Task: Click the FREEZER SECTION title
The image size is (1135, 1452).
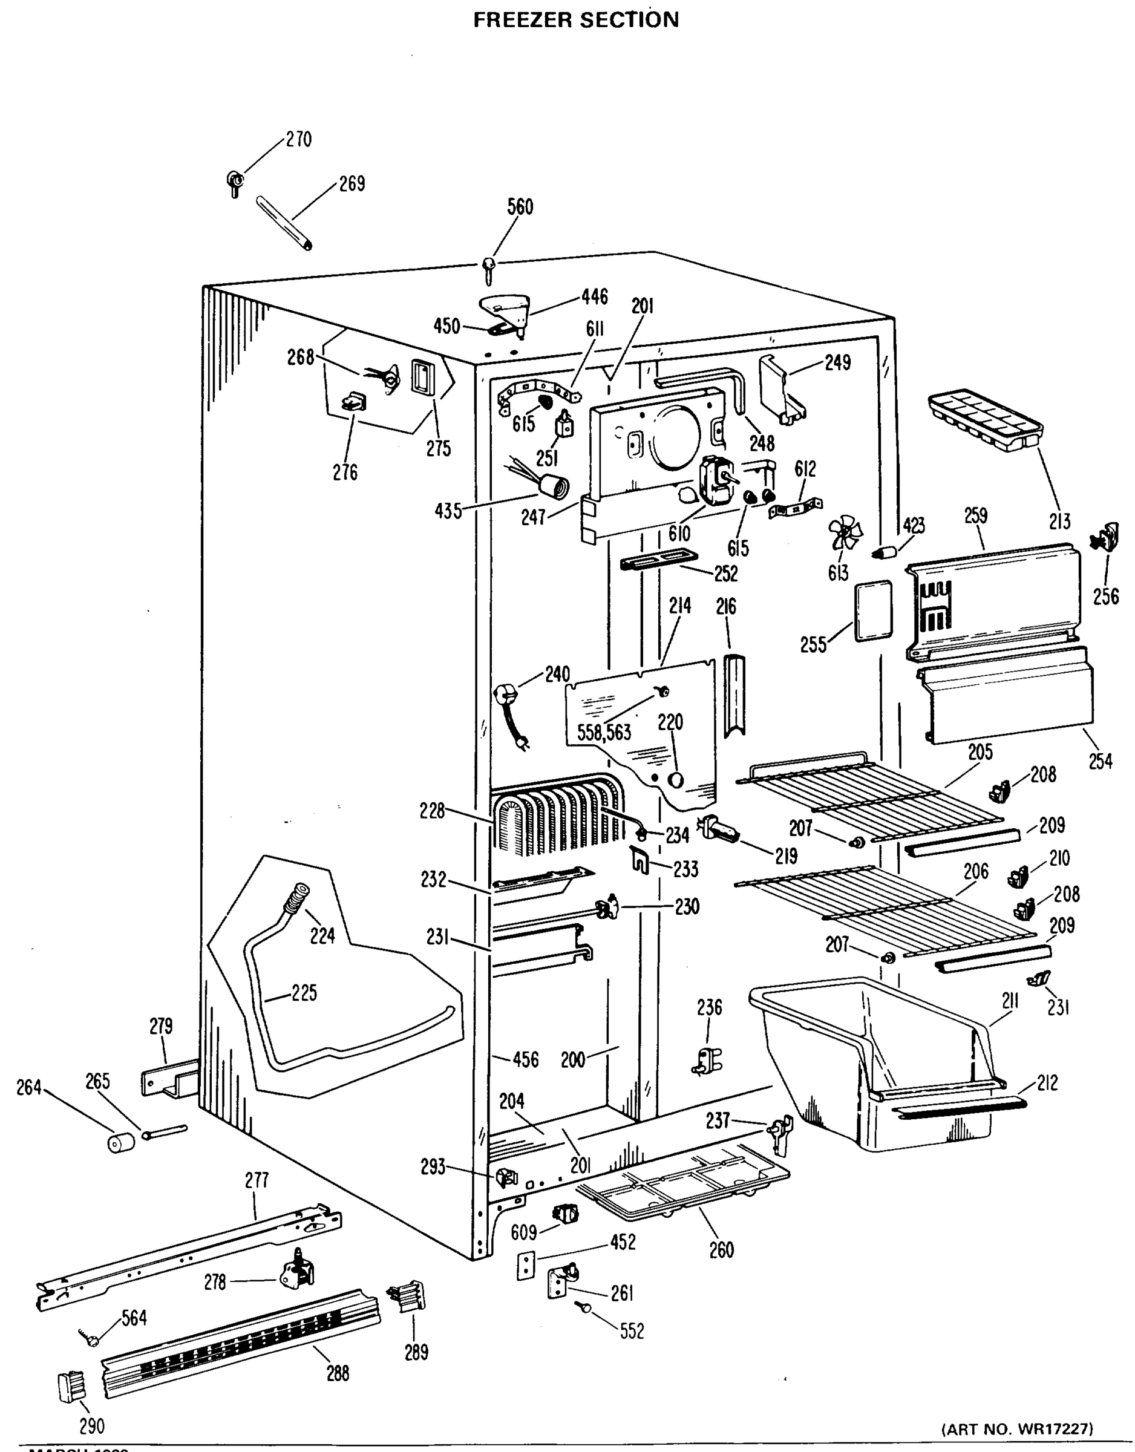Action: coord(576,20)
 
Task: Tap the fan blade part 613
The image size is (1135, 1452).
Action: coord(844,532)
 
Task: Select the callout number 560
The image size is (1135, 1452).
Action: coord(520,207)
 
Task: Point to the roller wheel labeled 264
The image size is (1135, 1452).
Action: coord(120,1143)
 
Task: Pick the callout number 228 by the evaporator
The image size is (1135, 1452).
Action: coord(432,811)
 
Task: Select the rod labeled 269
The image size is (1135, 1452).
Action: coord(284,223)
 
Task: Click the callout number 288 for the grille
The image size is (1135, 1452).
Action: coord(338,1373)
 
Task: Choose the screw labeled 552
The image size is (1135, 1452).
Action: coord(586,1307)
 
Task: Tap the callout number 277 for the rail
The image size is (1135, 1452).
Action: coord(257,1180)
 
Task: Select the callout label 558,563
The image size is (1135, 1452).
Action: coord(604,733)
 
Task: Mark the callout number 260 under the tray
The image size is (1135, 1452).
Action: coord(721,1250)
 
